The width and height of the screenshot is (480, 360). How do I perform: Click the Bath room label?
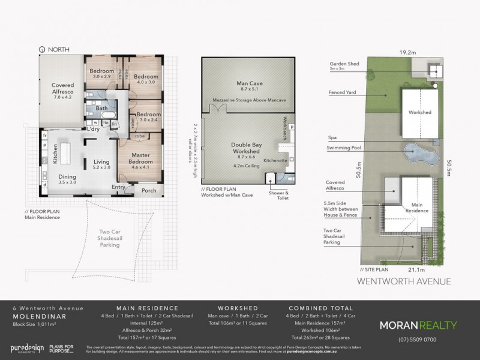(101, 109)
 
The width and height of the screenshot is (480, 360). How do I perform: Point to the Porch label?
(149, 191)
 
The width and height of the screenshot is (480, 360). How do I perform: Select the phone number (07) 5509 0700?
(419, 339)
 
